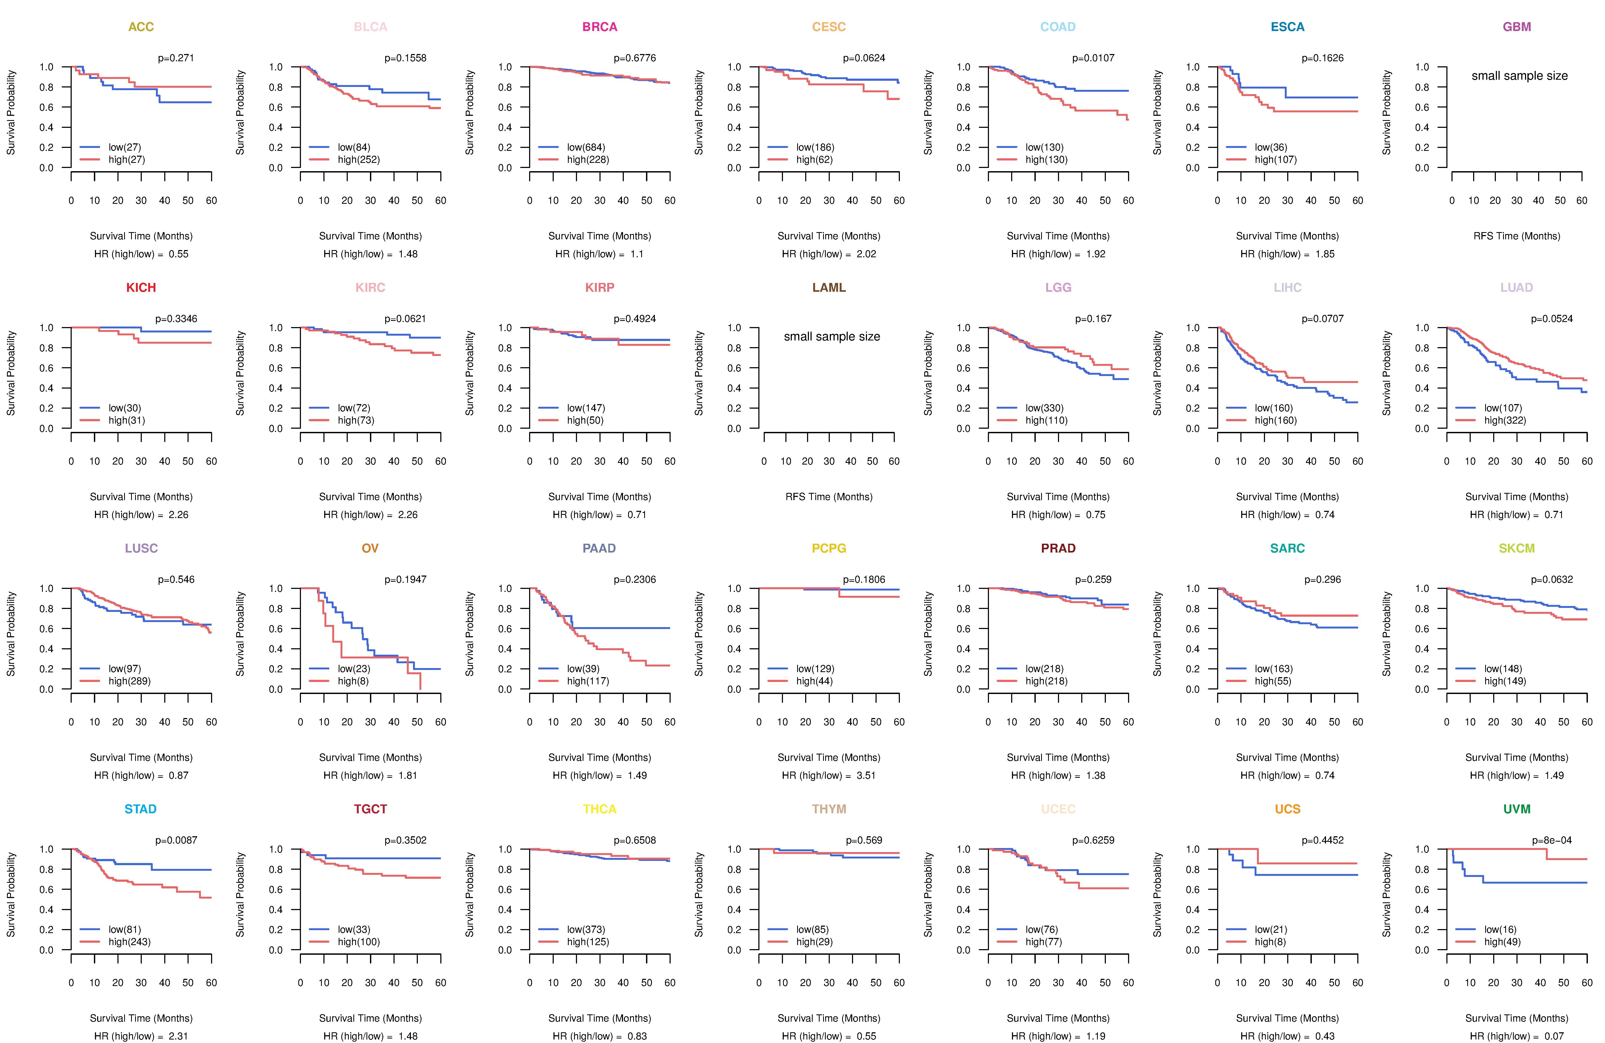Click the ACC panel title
(x=141, y=27)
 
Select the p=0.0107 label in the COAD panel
(x=1093, y=58)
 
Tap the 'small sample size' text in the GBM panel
(x=1519, y=75)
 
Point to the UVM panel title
(x=1517, y=809)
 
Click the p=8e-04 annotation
(x=1552, y=840)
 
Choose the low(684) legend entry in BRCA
(x=585, y=147)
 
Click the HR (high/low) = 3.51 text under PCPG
(x=829, y=775)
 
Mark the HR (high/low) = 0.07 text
(x=1517, y=1036)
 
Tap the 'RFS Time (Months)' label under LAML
(x=829, y=497)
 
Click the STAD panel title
(x=140, y=809)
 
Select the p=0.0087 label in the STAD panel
(x=176, y=840)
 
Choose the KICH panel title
(x=141, y=288)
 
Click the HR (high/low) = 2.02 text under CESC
(x=829, y=254)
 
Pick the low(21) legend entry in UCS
(x=1271, y=929)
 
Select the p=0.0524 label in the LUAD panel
(x=1552, y=319)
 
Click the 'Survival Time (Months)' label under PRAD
(x=1058, y=758)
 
